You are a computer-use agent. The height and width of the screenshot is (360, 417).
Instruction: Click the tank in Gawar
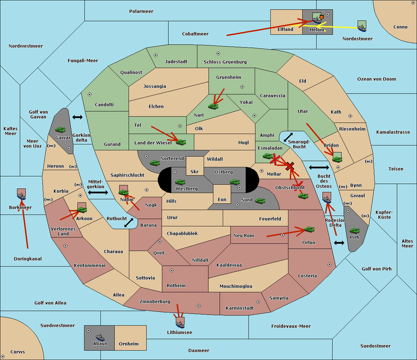(x=60, y=129)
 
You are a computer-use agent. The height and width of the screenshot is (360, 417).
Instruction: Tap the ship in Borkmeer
(x=22, y=196)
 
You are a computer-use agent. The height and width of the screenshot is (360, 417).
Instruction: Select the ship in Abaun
(x=100, y=337)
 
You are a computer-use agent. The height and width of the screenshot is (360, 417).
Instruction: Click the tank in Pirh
(x=354, y=231)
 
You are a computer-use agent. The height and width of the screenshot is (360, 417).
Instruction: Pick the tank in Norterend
(x=155, y=163)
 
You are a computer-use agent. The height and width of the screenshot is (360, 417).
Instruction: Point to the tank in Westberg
(x=180, y=182)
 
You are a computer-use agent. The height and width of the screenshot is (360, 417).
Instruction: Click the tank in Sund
(x=260, y=201)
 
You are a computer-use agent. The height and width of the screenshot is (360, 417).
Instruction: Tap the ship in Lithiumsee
(x=180, y=325)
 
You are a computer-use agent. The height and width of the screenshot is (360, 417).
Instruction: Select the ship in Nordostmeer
(x=362, y=28)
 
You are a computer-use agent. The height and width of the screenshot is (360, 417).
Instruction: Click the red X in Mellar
(x=290, y=166)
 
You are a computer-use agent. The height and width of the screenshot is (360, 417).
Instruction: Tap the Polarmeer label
(x=141, y=11)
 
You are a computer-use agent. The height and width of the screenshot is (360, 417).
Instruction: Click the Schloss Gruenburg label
(x=225, y=62)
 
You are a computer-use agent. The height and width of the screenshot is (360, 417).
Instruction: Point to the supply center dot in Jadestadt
(x=156, y=55)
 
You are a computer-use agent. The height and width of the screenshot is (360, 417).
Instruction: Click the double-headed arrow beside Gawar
(x=77, y=117)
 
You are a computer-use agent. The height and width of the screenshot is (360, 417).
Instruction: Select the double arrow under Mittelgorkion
(x=98, y=193)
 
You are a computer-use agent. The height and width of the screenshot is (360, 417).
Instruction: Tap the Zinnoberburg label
(x=155, y=302)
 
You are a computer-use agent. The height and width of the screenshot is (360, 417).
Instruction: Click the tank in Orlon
(x=309, y=229)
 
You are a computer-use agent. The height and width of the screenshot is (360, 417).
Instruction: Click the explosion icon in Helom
(x=321, y=17)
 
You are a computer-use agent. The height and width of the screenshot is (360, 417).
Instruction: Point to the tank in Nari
(x=213, y=107)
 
